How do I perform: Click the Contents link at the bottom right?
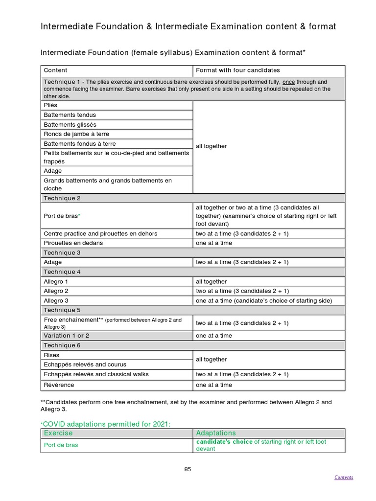[343, 478]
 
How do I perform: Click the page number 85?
[188, 469]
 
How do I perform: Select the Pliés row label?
[50, 105]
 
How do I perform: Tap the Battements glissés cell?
[70, 124]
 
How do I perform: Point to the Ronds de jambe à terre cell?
[76, 134]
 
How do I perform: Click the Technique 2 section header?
[62, 198]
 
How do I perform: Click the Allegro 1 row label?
[56, 282]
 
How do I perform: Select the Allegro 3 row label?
[56, 301]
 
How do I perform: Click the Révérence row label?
[59, 385]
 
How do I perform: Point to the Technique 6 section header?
[62, 345]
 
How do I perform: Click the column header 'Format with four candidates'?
[238, 70]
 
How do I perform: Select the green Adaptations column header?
[216, 433]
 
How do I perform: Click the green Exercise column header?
[58, 433]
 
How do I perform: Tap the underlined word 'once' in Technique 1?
[289, 82]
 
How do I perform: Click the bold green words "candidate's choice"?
[224, 442]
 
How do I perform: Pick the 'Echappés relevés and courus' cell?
[85, 364]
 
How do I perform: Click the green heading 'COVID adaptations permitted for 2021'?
[106, 424]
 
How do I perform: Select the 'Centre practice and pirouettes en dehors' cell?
[100, 234]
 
